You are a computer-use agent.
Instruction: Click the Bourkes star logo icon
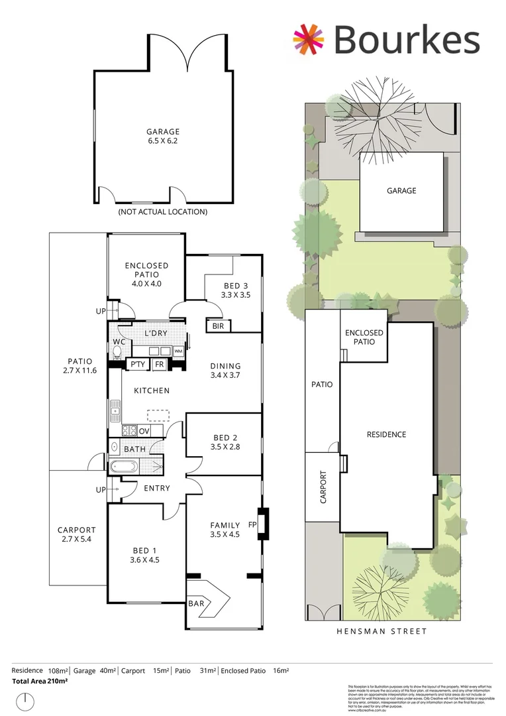click(x=309, y=39)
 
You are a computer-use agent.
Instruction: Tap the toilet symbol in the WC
click(x=118, y=351)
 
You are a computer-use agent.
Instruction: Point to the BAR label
click(x=197, y=603)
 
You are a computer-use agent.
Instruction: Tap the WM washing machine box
click(x=178, y=351)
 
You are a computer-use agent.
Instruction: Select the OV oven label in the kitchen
click(x=144, y=431)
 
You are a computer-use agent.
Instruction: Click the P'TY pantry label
click(x=137, y=364)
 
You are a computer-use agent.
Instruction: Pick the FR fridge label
click(x=159, y=364)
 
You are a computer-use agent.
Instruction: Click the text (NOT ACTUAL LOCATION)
click(x=162, y=212)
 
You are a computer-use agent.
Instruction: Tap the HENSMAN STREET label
click(x=382, y=632)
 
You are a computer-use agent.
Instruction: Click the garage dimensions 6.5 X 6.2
click(x=162, y=142)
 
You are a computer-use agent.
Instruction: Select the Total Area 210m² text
click(x=40, y=681)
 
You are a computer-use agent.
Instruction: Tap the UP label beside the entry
click(x=101, y=490)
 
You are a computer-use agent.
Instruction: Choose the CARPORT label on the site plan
click(x=323, y=487)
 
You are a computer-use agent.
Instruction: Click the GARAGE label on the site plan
click(x=401, y=190)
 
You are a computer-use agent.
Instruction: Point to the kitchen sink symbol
click(x=115, y=412)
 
